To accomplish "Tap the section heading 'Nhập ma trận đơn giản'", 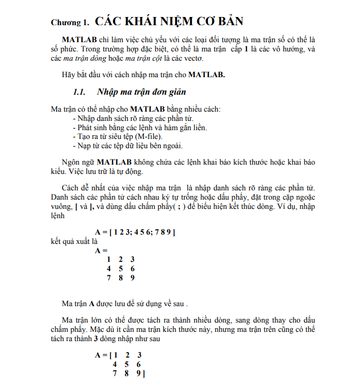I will pos(141,92).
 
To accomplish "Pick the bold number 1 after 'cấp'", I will pos(246,49).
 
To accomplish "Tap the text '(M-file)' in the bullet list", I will pos(148,136).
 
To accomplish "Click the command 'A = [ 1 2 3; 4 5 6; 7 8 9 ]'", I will pos(135,232).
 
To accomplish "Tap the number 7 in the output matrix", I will pos(109,278).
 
